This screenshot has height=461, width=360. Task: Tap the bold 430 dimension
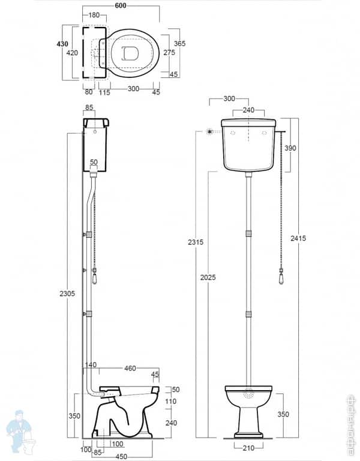[x=62, y=44]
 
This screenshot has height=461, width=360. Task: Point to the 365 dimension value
[x=179, y=44]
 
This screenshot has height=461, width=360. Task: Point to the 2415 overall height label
[x=298, y=238]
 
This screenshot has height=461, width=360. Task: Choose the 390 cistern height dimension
[x=290, y=148]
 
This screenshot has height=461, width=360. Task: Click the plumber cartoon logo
[x=20, y=432]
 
